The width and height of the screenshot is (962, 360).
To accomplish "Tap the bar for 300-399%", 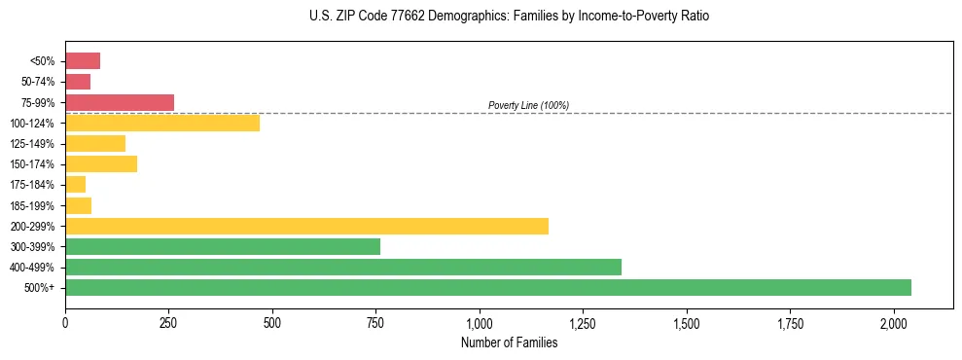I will coord(223,246).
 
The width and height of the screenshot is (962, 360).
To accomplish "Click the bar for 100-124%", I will coord(162,123).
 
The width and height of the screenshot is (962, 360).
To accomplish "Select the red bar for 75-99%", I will coord(120,102).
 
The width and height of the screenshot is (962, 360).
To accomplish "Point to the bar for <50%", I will coord(83,61).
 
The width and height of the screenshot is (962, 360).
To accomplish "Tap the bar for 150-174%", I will coord(101,163).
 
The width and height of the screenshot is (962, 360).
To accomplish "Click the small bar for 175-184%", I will coord(75,184).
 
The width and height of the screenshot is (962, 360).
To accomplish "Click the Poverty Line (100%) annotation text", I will coord(528,105).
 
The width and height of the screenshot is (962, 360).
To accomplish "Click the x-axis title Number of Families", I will coord(509,342).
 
